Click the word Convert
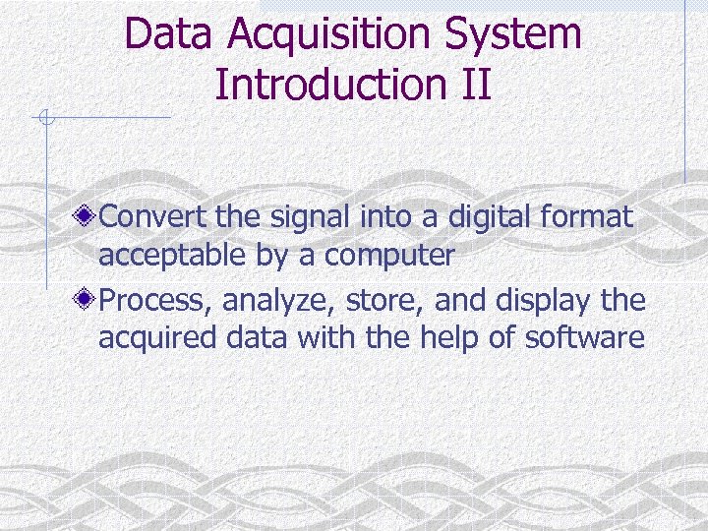coord(150,216)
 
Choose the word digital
coord(491,216)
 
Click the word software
coord(586,339)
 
